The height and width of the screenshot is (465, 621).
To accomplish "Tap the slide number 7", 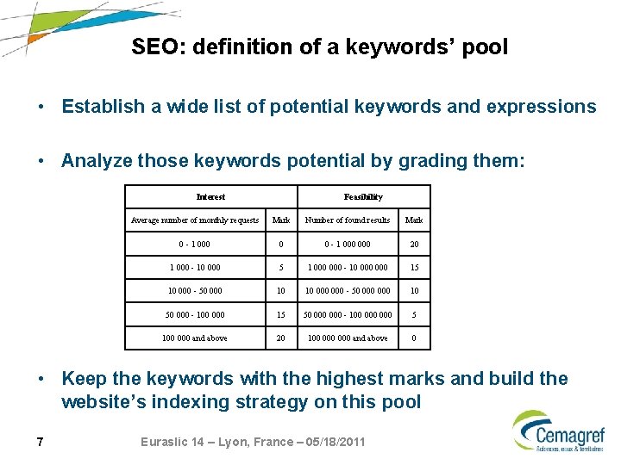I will (41, 443).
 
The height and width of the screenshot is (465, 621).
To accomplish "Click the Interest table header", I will (210, 197).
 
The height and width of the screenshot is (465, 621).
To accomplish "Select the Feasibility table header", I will (363, 197).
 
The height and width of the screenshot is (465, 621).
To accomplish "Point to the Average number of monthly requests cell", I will (195, 220).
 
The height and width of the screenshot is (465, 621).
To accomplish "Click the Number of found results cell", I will (348, 220).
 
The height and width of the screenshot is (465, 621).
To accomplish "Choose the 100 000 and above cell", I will (195, 338).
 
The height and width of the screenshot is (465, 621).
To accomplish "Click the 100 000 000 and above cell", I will (348, 338).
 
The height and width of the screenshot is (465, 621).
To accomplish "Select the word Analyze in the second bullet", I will (96, 160).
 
